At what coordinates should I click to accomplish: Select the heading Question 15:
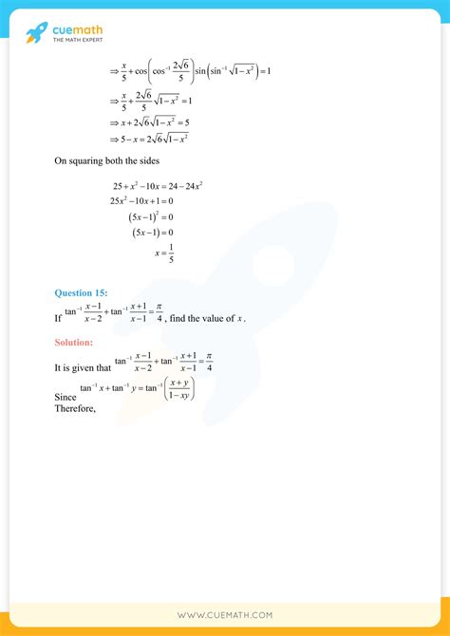(x=81, y=292)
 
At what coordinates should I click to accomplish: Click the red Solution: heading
(x=76, y=341)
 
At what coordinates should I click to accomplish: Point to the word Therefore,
(x=76, y=409)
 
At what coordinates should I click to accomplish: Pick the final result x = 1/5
(x=164, y=253)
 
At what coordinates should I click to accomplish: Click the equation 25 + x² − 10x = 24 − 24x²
(x=157, y=185)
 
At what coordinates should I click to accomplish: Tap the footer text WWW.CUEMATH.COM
(x=225, y=615)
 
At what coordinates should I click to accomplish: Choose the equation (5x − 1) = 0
(x=152, y=233)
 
